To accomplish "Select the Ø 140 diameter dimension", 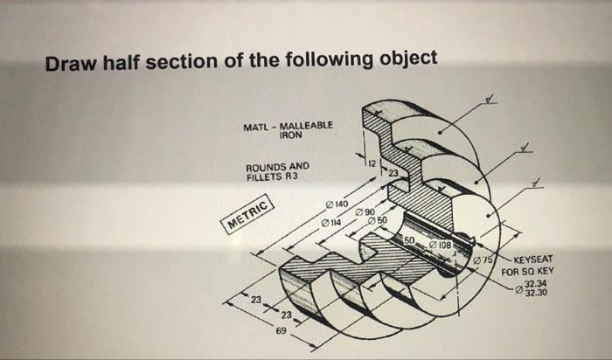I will coord(337,204).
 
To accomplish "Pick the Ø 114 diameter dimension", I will coord(331,224).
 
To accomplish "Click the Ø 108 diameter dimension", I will coord(439,246).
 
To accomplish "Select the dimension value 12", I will coord(371,163).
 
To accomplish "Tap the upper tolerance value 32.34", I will coord(536,283).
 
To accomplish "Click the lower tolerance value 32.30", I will coord(536,292).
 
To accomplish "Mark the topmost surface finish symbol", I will coord(494,99).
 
